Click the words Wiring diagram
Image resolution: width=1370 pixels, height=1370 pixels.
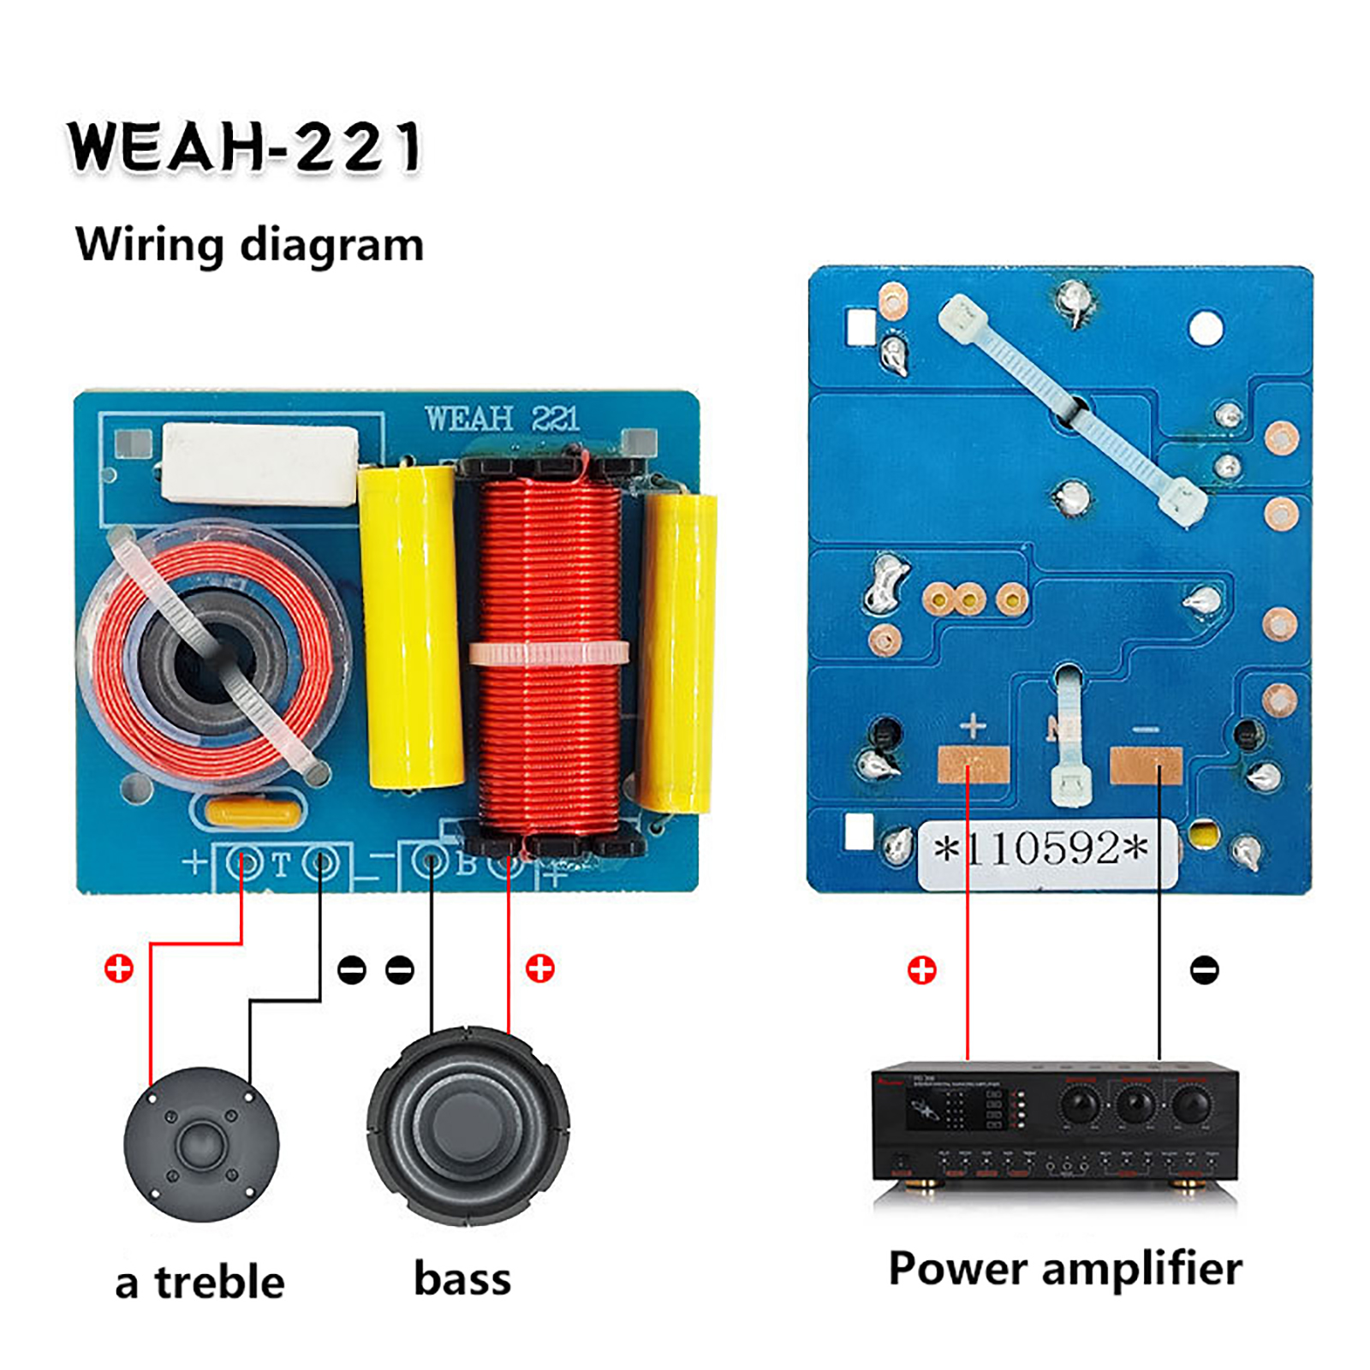[249, 245]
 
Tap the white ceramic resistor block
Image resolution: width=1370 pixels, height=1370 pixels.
[259, 465]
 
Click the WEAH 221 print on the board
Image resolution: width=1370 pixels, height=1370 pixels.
[503, 419]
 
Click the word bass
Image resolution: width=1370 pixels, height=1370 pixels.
[462, 1278]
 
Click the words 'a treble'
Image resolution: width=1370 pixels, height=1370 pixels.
[200, 1283]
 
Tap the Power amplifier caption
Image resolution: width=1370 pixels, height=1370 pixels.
[1064, 1269]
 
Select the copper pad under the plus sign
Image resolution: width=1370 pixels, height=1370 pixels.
[974, 764]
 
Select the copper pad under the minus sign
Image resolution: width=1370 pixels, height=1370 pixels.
[1146, 765]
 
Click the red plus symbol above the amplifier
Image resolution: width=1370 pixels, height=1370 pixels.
[921, 970]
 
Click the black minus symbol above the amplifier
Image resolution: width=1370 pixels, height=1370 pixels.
[1204, 969]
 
